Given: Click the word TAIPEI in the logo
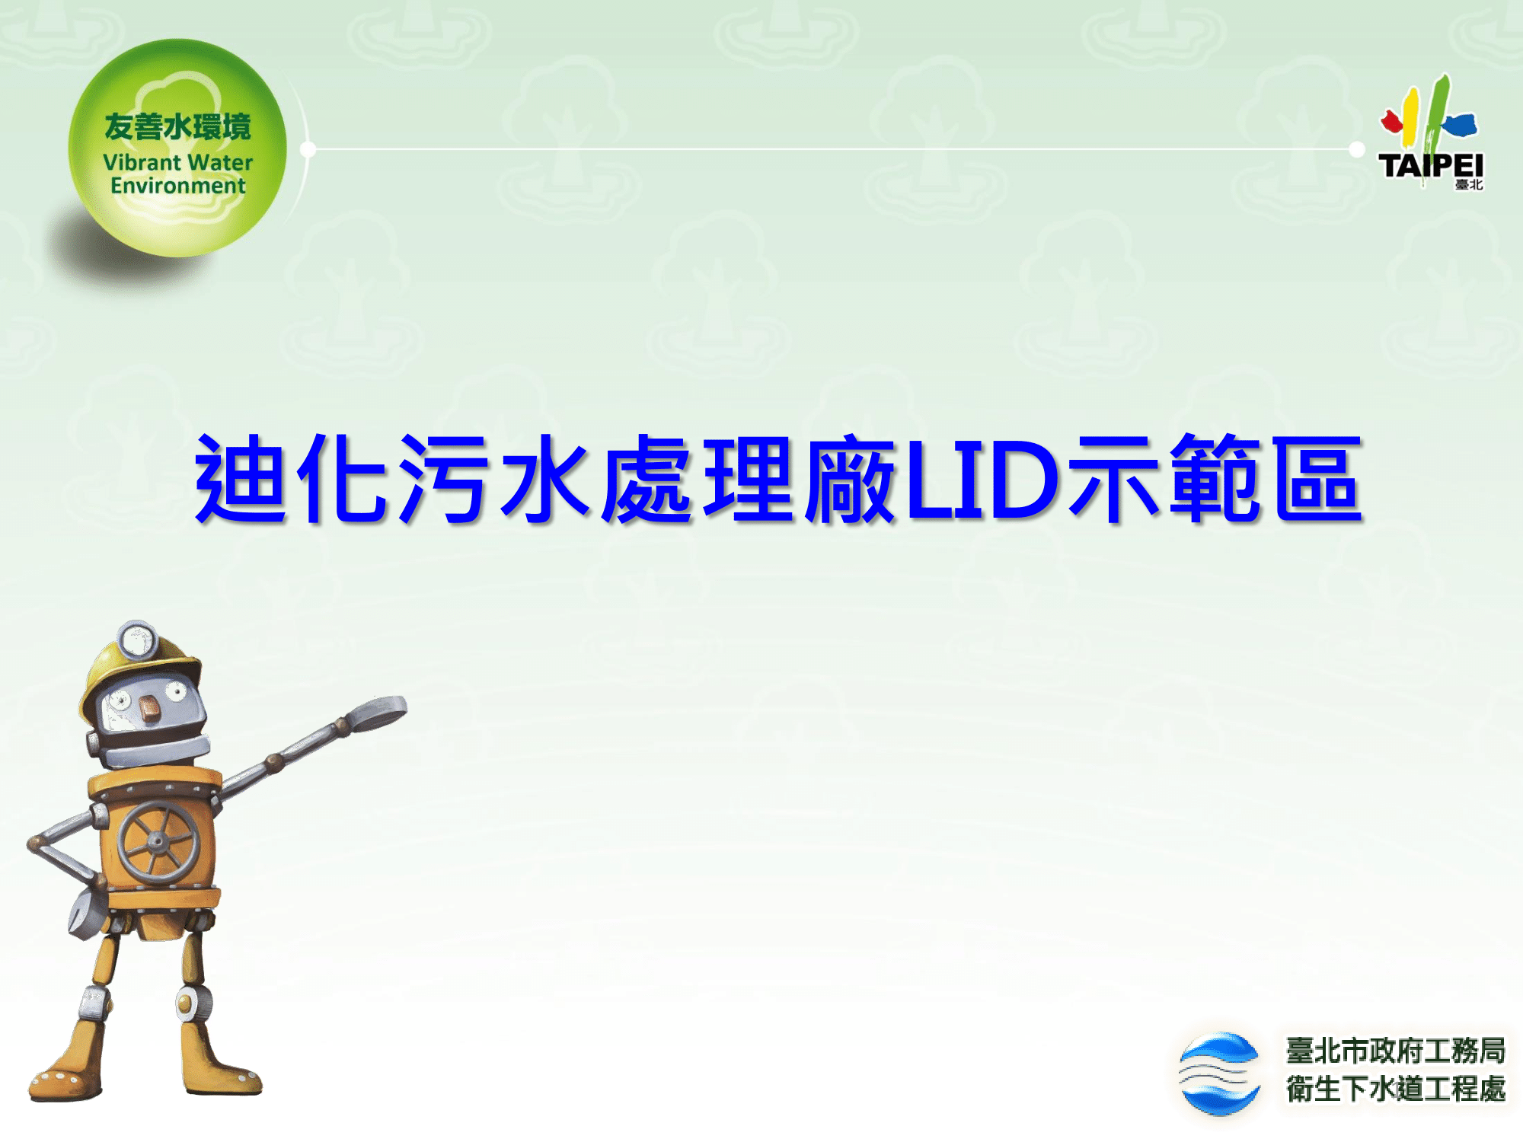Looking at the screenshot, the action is point(1431,165).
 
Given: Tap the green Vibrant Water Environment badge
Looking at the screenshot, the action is point(177,148).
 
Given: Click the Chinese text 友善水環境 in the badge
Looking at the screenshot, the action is point(177,126).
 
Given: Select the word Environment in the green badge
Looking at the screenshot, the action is point(177,186).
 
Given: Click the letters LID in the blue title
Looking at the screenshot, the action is point(982,480).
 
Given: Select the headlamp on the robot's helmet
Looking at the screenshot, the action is point(136,640).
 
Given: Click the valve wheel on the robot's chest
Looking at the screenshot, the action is point(158,841).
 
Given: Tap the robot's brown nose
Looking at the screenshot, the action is point(150,710).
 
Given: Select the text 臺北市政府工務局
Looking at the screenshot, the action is point(1396,1051).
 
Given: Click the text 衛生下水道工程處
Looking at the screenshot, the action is point(1396,1089).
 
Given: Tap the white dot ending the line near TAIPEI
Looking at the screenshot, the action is point(1356,149).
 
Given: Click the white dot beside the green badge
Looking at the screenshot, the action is point(308,149).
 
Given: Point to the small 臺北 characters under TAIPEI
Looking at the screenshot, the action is point(1469,184).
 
